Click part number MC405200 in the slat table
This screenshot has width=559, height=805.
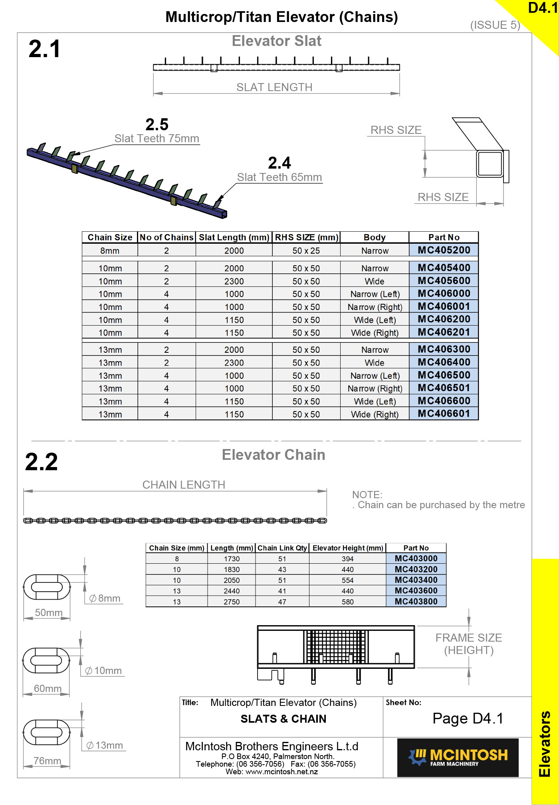tap(444, 250)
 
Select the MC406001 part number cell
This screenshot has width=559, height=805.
tap(444, 306)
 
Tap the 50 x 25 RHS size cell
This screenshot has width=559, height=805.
tap(306, 251)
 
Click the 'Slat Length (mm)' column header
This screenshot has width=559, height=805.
tap(234, 237)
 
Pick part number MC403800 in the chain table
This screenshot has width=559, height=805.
tap(416, 601)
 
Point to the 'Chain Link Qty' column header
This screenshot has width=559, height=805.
tap(282, 548)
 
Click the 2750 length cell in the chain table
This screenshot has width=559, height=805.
tap(232, 602)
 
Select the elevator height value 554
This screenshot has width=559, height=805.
tap(347, 580)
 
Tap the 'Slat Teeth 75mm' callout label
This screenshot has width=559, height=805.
tap(157, 139)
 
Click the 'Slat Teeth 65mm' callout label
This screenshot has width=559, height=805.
tap(279, 177)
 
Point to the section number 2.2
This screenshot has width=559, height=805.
tap(42, 462)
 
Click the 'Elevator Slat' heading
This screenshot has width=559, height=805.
tap(276, 41)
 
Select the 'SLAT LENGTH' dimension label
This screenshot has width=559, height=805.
tap(274, 87)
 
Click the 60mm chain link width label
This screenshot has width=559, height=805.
tap(48, 688)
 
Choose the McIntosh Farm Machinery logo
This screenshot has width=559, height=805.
tap(458, 757)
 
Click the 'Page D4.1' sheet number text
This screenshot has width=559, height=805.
tap(468, 718)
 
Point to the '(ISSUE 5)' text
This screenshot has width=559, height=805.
tap(495, 25)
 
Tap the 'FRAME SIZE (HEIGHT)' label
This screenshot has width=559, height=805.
tap(468, 644)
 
